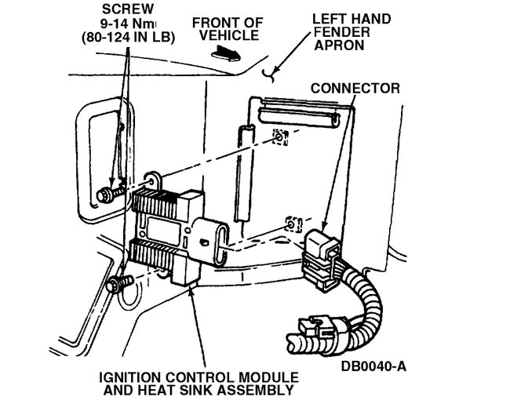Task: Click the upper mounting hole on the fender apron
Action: (279, 139)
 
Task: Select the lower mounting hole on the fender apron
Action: (292, 224)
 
